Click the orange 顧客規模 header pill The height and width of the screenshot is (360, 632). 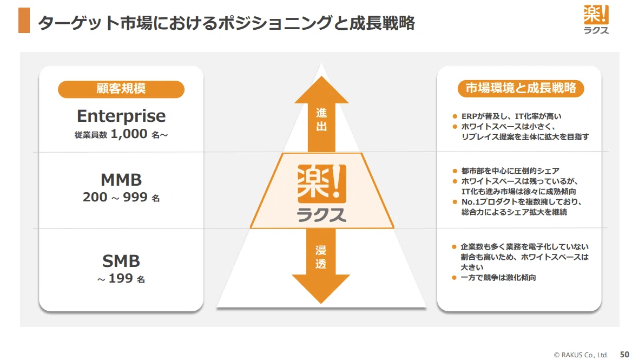coord(121,89)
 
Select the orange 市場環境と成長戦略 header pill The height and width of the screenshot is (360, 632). coord(521,88)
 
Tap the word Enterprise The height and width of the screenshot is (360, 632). coord(121,116)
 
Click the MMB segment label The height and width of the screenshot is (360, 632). coord(121,180)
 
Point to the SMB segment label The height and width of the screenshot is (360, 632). coord(121,261)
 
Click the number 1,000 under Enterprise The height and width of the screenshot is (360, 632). coord(129,134)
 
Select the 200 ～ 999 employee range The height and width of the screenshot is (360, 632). coord(115,197)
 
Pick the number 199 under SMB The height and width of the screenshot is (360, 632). coord(121,278)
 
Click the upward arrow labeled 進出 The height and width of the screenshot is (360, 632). coord(321,114)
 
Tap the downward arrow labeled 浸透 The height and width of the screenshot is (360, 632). coord(321,266)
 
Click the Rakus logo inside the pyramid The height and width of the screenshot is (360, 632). coord(321,193)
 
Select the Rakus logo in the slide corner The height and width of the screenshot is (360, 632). coord(596,19)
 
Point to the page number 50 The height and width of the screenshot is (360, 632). coord(624,355)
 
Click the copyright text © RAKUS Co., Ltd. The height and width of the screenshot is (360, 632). coord(581,355)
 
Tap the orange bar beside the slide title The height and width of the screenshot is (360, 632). coord(24,20)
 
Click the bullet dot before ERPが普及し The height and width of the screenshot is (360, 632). coord(455,116)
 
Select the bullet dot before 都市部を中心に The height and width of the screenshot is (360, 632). coord(455,171)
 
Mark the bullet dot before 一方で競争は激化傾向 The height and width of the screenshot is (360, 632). coord(455,278)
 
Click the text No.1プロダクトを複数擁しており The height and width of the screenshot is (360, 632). coord(522,201)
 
